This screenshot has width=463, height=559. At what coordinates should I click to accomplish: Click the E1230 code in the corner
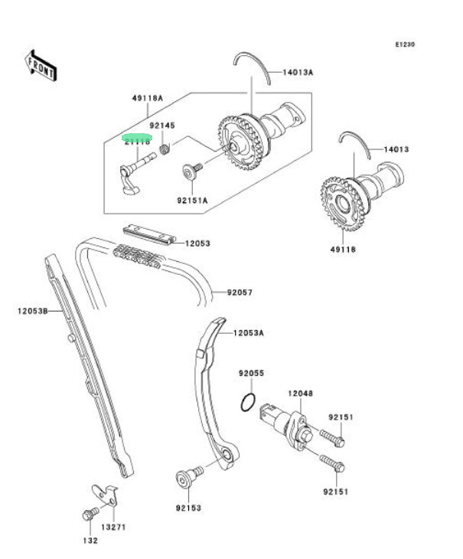405,45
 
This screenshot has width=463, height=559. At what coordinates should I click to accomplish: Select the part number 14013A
298,73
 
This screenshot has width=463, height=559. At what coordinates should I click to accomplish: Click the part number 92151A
192,201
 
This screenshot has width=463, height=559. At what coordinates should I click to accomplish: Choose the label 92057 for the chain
240,292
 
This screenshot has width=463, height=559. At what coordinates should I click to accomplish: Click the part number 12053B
33,311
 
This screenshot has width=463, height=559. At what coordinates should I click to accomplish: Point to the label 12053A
248,333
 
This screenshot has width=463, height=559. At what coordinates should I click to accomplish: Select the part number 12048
300,394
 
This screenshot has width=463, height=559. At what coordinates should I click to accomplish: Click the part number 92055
250,374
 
